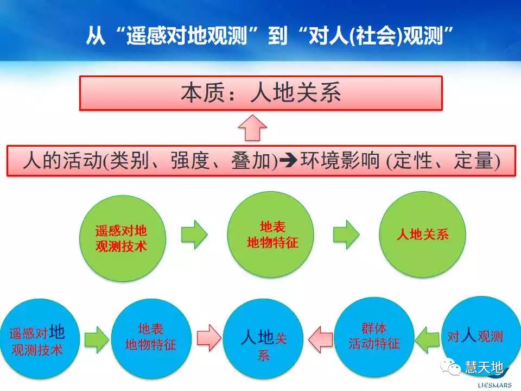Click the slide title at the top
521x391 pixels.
pos(270,36)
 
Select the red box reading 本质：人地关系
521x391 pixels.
pos(260,93)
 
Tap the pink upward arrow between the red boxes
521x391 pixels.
pos(253,128)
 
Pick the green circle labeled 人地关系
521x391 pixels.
pos(423,235)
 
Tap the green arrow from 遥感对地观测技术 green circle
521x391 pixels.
pos(194,235)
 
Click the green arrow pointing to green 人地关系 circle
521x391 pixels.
pos(346,235)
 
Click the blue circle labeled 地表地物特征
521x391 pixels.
pos(150,337)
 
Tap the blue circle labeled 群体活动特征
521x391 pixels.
pos(374,337)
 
